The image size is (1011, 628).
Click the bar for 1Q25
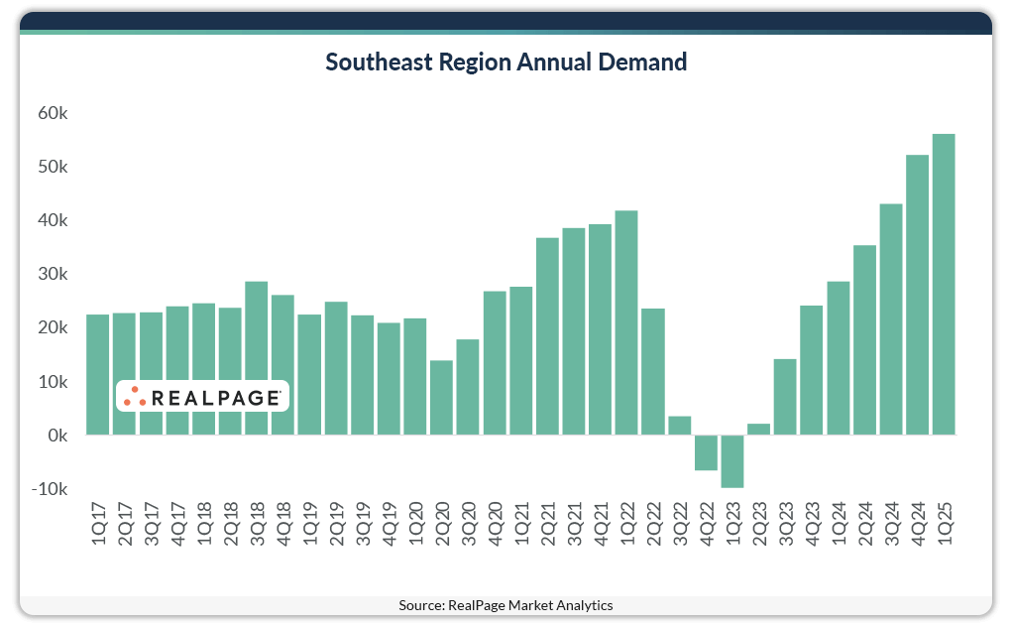pyautogui.click(x=944, y=284)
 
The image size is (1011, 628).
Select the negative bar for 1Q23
pyautogui.click(x=732, y=461)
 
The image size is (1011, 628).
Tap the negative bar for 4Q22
pyautogui.click(x=706, y=452)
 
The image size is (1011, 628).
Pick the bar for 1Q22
pyautogui.click(x=626, y=322)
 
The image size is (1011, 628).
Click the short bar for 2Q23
pyautogui.click(x=758, y=430)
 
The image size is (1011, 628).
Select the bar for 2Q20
pyautogui.click(x=441, y=397)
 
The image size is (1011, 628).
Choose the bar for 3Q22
pyautogui.click(x=680, y=426)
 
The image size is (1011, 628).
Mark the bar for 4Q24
pyautogui.click(x=917, y=295)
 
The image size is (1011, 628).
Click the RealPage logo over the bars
pyautogui.click(x=202, y=396)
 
